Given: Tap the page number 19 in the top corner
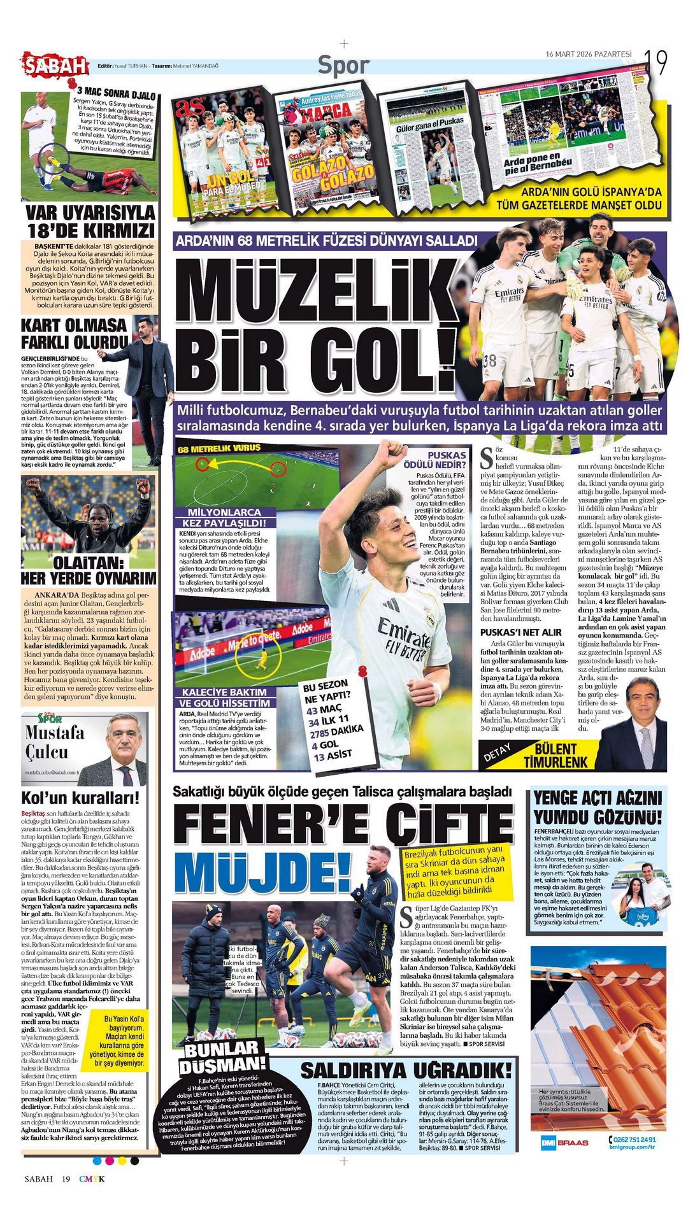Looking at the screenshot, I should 656,62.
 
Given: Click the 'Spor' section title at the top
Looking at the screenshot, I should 343,64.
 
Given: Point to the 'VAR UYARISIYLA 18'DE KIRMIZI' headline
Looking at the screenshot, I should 90,220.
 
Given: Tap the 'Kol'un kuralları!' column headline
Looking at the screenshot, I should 80,798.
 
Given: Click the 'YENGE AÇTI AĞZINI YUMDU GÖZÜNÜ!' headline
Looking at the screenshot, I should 598,807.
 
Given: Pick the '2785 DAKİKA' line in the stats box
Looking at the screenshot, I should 336,732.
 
